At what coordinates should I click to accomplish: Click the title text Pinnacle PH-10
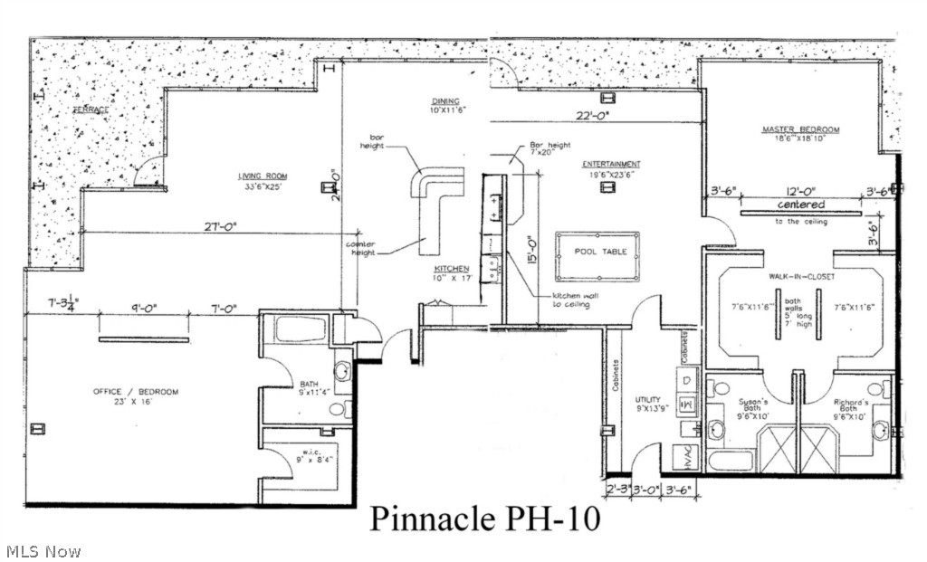pos(484,519)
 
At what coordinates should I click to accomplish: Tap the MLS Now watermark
pos(43,550)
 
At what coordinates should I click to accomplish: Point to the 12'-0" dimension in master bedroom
pos(799,191)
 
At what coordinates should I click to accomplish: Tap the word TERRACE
pos(91,110)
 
